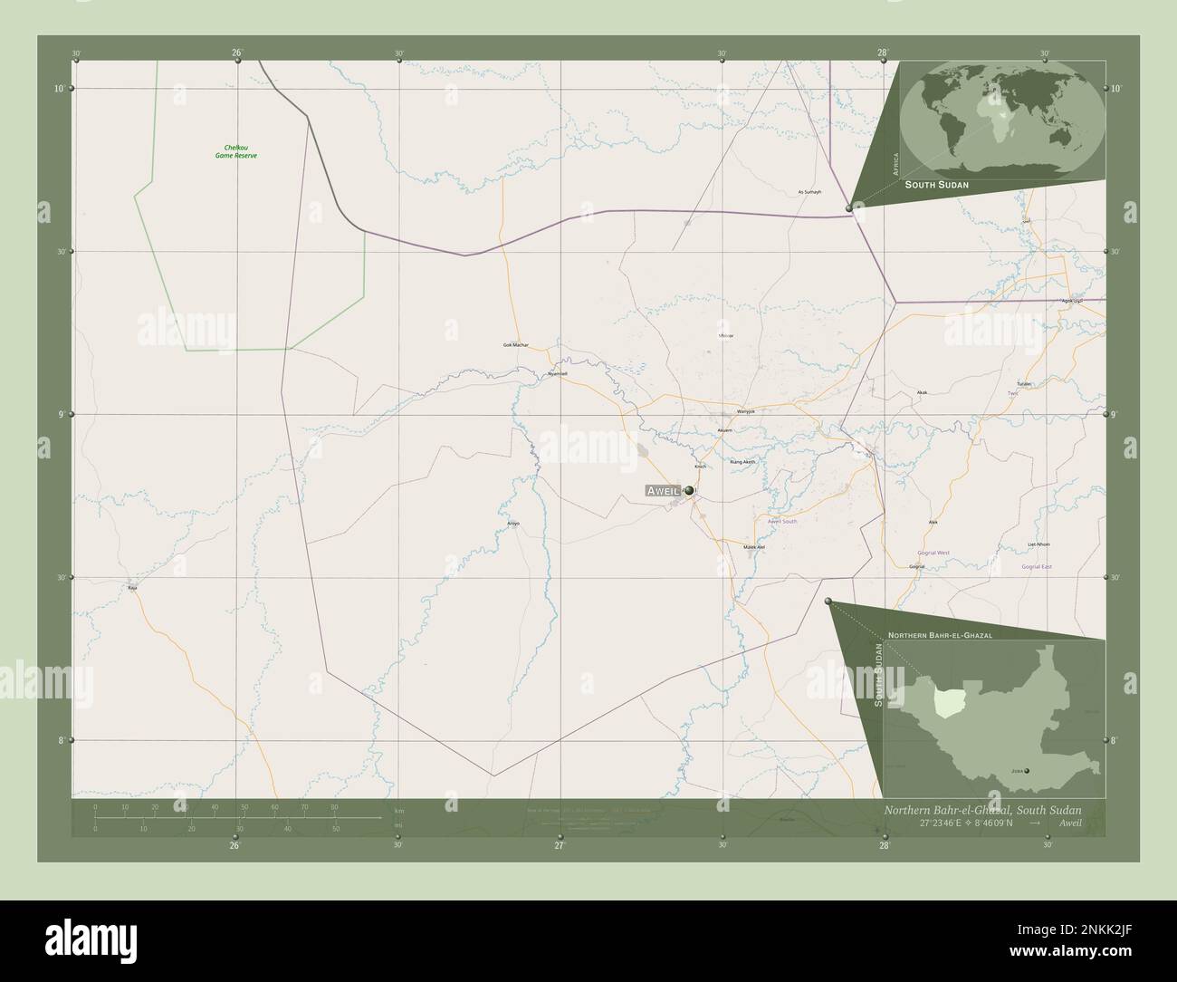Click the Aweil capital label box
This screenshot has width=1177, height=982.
(x=662, y=490)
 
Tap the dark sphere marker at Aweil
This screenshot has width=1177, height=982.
(x=690, y=490)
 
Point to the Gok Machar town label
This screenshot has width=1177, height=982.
(x=515, y=345)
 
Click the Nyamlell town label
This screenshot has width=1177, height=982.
(x=557, y=374)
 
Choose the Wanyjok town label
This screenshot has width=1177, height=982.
(x=745, y=411)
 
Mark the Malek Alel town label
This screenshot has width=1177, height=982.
(x=754, y=547)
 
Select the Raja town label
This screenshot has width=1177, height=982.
(x=132, y=588)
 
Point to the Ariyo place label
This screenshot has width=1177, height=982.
(x=513, y=524)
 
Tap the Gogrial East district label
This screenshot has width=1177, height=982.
(x=1037, y=566)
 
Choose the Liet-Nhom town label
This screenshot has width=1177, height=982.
(x=1038, y=544)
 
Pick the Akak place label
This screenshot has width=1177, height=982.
(x=922, y=392)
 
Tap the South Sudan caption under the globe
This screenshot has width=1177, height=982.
(x=938, y=184)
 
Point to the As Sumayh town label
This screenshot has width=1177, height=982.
(x=809, y=192)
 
